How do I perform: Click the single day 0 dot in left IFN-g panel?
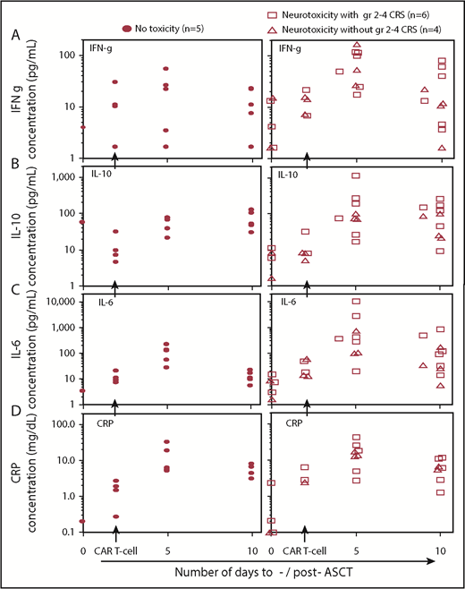point(83,127)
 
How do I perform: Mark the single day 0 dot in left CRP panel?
point(83,521)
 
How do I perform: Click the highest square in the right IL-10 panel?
point(357,176)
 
